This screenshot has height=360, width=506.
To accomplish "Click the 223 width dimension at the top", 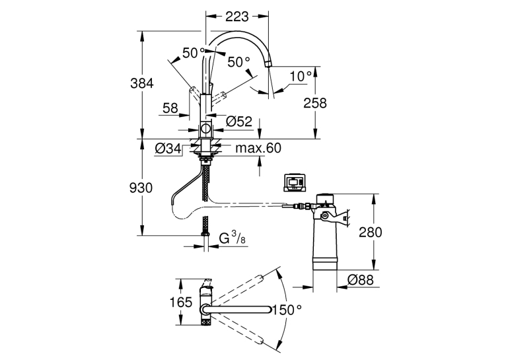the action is pyautogui.click(x=237, y=17).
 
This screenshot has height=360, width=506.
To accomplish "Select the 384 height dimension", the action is pyautogui.click(x=141, y=83).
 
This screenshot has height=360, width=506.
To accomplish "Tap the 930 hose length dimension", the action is pyautogui.click(x=141, y=188).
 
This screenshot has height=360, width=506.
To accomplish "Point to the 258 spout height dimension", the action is pyautogui.click(x=315, y=103).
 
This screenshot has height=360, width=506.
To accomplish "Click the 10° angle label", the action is pyautogui.click(x=301, y=77).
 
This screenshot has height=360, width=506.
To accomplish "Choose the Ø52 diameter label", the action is pyautogui.click(x=239, y=122).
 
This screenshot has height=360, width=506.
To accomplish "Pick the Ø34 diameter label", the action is pyautogui.click(x=168, y=149).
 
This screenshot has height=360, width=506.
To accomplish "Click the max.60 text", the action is pyautogui.click(x=258, y=148).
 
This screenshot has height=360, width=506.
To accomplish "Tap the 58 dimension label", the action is pyautogui.click(x=170, y=108).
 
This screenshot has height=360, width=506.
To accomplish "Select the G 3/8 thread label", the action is pyautogui.click(x=232, y=238).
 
